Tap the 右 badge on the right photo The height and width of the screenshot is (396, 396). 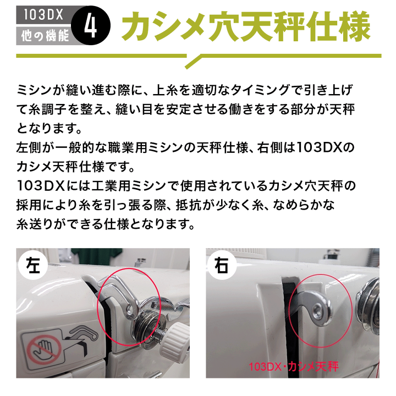(x=223, y=265)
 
